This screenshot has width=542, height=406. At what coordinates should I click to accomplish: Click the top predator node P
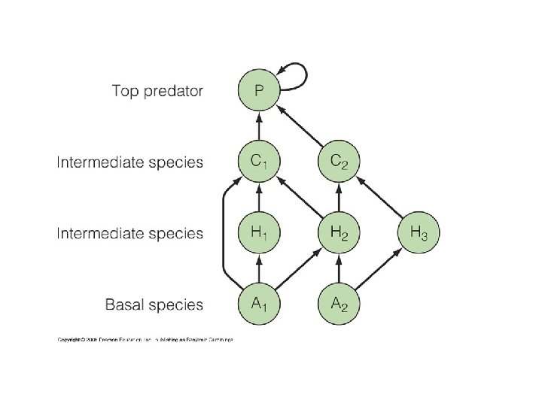258,91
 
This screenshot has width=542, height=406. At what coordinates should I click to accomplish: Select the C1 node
258,161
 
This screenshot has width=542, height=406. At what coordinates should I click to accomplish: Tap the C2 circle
340,161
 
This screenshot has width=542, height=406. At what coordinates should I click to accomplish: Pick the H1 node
258,232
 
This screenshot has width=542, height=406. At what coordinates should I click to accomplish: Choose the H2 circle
340,232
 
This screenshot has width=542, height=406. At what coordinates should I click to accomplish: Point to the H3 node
419,232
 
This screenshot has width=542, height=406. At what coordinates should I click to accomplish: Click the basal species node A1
258,304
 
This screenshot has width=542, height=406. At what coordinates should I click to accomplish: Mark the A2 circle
340,304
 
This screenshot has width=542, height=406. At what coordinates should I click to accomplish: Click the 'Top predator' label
157,91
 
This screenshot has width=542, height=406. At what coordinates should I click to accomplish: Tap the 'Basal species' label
154,304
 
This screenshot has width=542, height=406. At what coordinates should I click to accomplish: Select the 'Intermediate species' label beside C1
130,162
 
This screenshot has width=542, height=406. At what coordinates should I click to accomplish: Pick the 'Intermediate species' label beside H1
130,233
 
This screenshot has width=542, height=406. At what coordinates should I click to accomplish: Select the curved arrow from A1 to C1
224,233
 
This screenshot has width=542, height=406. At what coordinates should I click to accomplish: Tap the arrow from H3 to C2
380,198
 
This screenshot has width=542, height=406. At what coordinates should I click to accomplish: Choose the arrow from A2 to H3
380,268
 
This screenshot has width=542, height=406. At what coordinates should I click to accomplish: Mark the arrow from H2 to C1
299,198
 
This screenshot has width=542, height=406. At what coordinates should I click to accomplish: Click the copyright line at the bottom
145,340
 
